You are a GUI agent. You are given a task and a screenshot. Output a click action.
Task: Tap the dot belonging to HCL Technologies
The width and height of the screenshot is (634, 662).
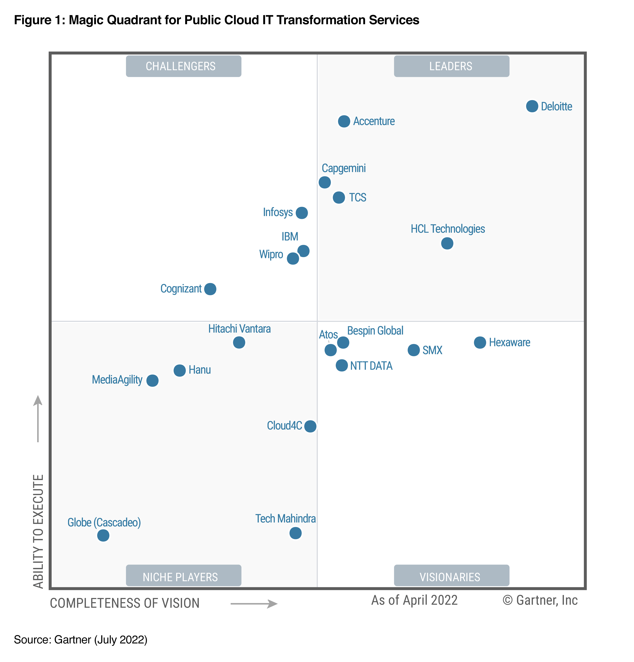(447, 243)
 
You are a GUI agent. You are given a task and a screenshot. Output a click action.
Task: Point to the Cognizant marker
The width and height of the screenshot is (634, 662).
(210, 289)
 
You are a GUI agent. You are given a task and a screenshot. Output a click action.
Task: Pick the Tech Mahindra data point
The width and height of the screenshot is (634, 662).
(295, 533)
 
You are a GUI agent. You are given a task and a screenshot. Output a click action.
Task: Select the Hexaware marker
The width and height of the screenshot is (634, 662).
(480, 342)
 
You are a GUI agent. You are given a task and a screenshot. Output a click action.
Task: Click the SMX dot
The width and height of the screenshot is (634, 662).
(413, 350)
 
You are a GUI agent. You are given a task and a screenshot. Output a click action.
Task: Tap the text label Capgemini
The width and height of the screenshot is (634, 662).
(343, 168)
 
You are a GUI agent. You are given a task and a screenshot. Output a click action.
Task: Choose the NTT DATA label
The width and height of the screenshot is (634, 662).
(371, 366)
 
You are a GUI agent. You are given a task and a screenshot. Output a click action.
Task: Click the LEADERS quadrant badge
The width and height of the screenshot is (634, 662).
(451, 66)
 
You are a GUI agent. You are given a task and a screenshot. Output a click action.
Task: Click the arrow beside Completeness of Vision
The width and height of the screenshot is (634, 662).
(254, 604)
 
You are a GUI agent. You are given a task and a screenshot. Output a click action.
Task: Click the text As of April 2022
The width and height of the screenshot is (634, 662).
(414, 600)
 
